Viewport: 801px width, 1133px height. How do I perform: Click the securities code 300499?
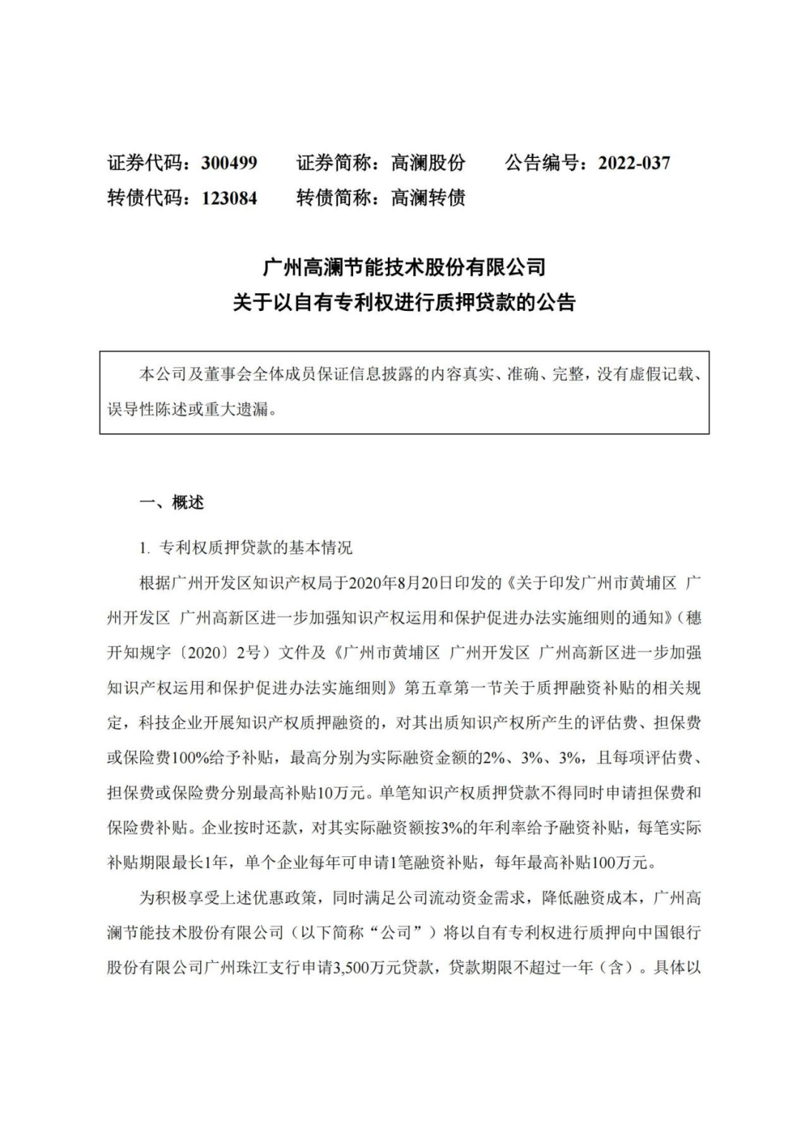[229, 163]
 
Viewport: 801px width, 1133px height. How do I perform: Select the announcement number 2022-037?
[634, 163]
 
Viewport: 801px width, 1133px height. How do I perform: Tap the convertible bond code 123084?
[229, 198]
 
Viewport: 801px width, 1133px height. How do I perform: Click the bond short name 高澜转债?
[428, 198]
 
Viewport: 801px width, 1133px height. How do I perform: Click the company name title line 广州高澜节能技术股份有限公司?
[404, 266]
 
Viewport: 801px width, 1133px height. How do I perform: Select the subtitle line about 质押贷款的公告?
[404, 303]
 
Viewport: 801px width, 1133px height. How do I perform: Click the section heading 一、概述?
[172, 502]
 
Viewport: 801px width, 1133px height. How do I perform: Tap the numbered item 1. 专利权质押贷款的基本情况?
[245, 548]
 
